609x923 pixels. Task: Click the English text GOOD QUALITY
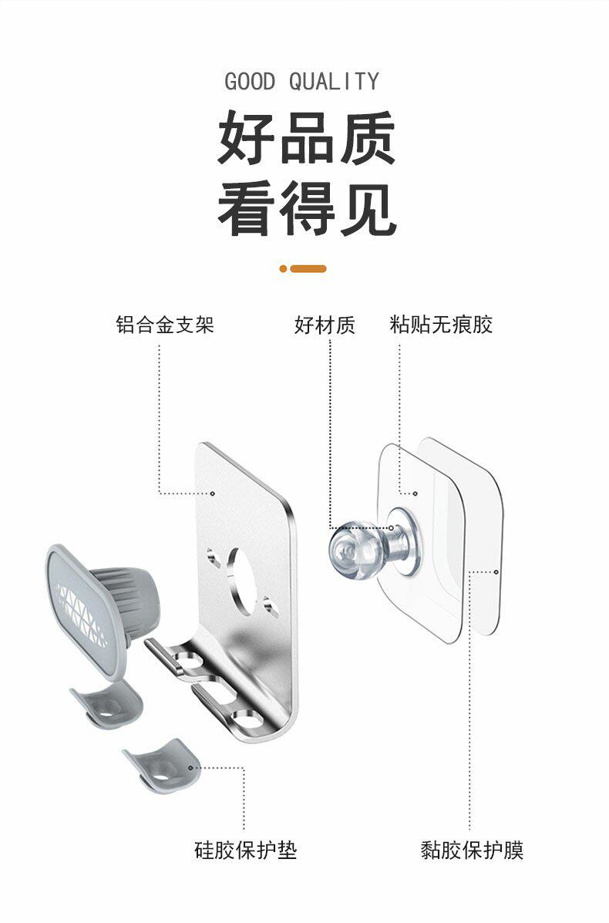coord(302,81)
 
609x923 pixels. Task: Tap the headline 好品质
coord(306,140)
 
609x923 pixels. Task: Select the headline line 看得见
coord(306,208)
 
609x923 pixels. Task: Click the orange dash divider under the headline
coord(304,268)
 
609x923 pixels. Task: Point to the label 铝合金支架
coord(164,325)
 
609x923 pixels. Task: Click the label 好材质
coord(325,325)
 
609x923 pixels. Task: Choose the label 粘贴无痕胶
coord(441,325)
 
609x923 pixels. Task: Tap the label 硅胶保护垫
coord(245,851)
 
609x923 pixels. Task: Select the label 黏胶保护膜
coord(472,851)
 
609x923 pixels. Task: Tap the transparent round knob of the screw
coord(350,545)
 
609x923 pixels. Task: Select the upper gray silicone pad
coord(108,702)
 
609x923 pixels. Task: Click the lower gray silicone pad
coord(161,763)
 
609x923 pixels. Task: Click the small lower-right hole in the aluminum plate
coord(271,605)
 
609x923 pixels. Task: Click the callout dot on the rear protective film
coord(496,572)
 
